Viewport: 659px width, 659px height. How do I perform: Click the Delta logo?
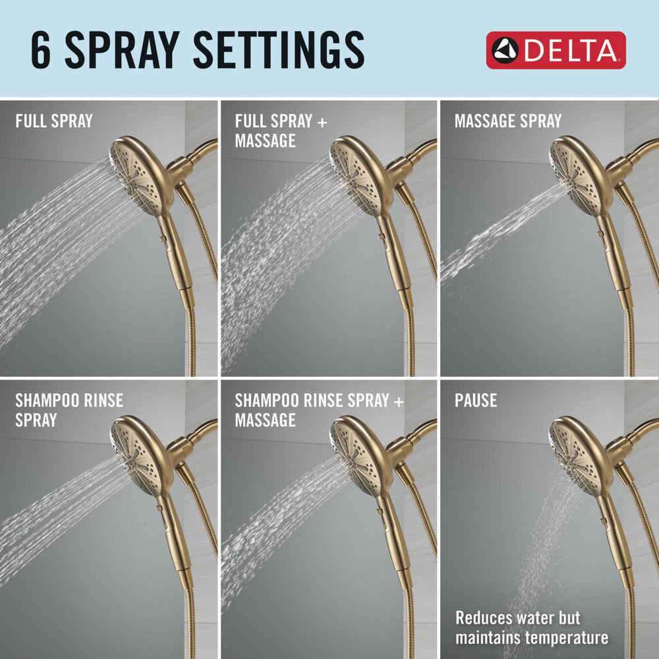click(556, 50)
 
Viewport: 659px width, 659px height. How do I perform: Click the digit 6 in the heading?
click(42, 50)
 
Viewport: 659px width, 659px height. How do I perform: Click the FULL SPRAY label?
click(54, 121)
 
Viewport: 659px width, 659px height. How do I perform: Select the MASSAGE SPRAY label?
click(507, 121)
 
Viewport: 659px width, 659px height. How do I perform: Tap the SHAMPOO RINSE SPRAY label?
click(69, 409)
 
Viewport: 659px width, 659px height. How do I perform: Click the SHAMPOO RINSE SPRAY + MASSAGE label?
click(320, 409)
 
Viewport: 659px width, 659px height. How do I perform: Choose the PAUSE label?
click(476, 401)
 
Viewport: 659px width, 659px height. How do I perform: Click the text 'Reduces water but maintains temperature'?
click(532, 628)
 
